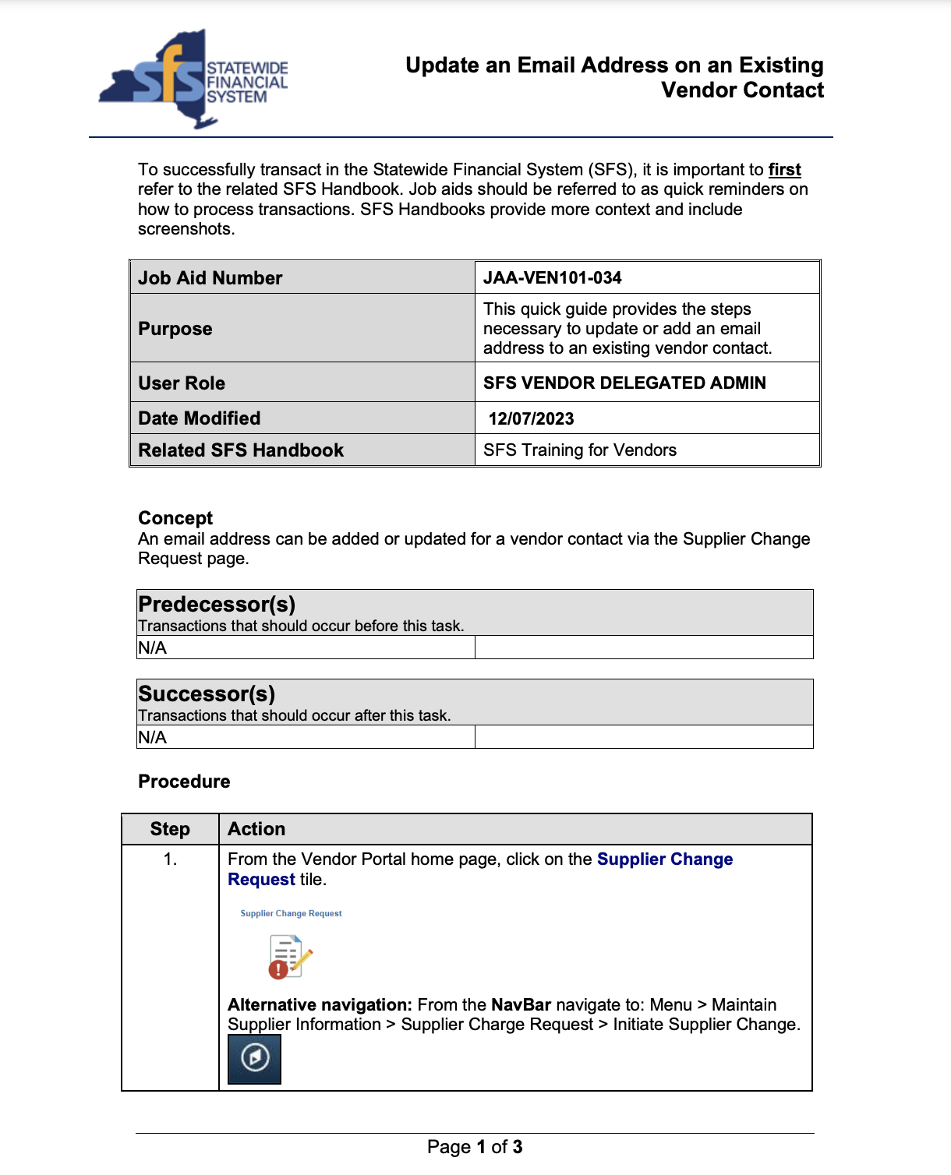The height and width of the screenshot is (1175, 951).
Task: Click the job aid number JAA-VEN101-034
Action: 552,278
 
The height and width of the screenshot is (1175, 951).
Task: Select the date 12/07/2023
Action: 531,418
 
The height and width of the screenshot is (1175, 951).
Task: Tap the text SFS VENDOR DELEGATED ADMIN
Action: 624,383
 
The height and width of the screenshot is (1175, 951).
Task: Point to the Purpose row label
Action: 175,329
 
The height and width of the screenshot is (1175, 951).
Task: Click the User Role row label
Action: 182,383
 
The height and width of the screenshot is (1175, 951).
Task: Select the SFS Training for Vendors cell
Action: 579,450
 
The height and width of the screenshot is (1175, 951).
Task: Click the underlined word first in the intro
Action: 784,170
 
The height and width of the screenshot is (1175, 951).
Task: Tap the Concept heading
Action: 175,518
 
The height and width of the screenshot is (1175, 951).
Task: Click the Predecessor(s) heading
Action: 217,604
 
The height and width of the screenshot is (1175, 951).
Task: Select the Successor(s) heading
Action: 207,693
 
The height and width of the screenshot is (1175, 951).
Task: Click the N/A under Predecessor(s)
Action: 153,647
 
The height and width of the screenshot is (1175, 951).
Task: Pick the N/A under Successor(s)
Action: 153,737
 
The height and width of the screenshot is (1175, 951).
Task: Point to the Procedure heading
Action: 184,782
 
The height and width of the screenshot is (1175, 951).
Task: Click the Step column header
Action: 170,829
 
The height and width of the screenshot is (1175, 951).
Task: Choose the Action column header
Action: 256,829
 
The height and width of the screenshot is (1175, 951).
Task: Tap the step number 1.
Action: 170,859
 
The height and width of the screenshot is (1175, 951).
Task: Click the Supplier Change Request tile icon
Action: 289,956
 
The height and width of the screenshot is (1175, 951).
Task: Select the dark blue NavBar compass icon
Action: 255,1058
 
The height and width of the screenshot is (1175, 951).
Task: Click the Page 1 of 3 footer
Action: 475,1147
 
